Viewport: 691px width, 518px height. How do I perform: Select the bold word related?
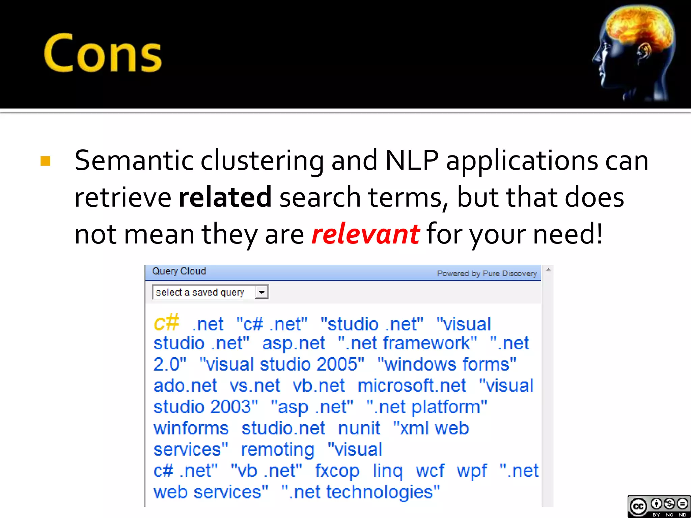[225, 197]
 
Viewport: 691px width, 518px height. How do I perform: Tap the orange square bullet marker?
[46, 161]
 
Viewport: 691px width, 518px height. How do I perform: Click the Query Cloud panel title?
[179, 271]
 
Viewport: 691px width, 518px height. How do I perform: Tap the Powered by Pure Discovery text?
[487, 273]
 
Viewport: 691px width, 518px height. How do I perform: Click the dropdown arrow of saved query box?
[261, 292]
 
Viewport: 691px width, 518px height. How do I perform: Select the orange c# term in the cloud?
[166, 323]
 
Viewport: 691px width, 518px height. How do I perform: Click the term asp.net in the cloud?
[294, 343]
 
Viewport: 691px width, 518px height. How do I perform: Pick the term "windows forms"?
[447, 365]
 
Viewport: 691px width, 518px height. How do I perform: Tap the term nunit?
[359, 428]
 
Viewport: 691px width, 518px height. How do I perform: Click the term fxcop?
[337, 471]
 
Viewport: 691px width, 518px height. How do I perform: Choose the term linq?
[387, 471]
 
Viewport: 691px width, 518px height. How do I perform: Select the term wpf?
[472, 471]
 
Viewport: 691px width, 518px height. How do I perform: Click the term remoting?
[278, 450]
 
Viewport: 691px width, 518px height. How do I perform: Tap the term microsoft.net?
[412, 386]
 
